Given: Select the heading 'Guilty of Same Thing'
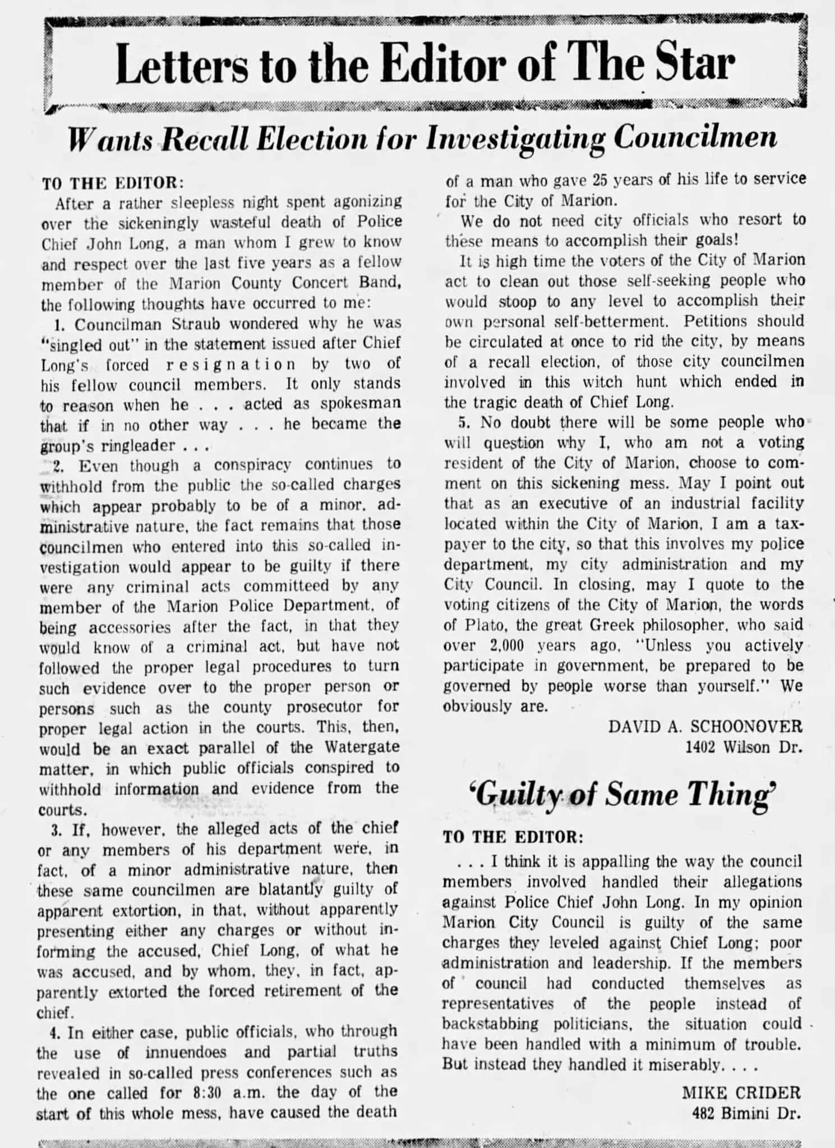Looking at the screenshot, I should click(x=622, y=794).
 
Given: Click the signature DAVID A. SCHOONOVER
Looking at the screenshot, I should click(x=705, y=726).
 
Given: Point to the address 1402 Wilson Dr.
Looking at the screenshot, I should click(x=744, y=747).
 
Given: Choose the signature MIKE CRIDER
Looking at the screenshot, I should click(x=741, y=1092).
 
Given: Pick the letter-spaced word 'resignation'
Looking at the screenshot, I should click(x=230, y=365).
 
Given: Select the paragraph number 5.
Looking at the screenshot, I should click(x=463, y=422).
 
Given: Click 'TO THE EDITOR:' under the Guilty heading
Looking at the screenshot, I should click(x=513, y=837).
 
